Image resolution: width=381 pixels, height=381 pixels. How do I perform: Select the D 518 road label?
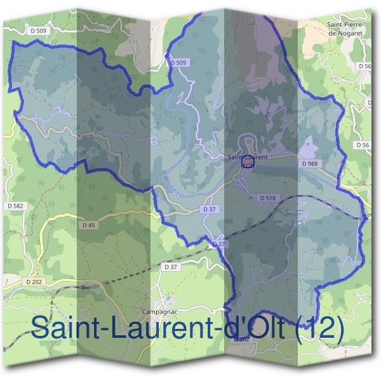coord(267,198)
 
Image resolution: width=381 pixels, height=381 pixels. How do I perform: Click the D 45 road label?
coord(88,225)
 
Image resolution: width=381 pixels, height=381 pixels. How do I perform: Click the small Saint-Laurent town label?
coord(247,156)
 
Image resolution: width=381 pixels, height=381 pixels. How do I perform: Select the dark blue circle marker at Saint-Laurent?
coord(248,163)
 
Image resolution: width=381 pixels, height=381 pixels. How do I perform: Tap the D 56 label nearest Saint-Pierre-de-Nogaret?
coord(364,66)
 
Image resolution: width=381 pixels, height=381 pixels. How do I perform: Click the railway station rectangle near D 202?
coord(84,288)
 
